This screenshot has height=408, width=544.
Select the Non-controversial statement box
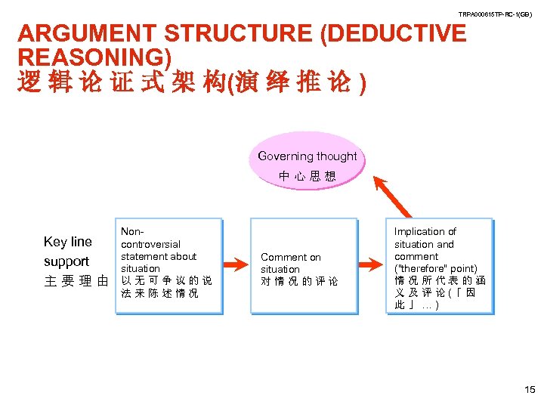(x=170, y=265)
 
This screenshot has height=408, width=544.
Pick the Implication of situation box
(x=439, y=265)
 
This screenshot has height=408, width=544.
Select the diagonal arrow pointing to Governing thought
(x=394, y=196)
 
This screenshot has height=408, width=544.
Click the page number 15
(x=528, y=389)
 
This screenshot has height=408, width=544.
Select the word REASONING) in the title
(x=94, y=57)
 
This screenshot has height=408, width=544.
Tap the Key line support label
(x=67, y=252)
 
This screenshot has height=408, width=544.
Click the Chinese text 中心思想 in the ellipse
(x=307, y=177)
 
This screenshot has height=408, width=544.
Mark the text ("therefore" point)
(x=436, y=269)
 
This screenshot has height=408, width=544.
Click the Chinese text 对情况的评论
(x=299, y=282)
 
